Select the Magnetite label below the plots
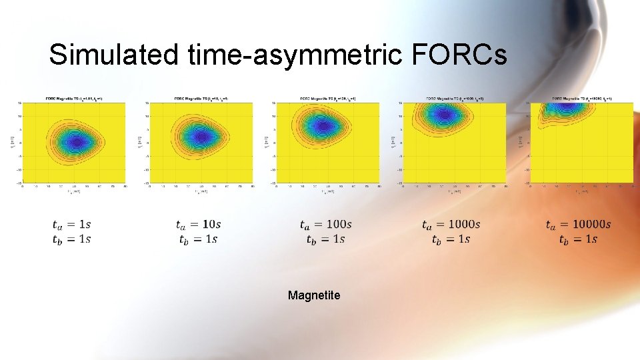coord(314,295)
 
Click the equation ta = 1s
coord(72,225)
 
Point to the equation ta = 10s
coord(198,225)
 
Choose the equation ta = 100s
coord(325,225)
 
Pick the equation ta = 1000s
coord(451,225)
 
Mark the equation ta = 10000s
coord(577,225)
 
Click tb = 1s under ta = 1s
coord(72,239)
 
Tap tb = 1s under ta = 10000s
coord(577,239)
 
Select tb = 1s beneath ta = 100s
coord(325,239)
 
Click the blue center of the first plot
coord(75,141)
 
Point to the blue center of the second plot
coord(200,137)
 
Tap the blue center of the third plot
coord(323,125)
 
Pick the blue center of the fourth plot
coord(444,114)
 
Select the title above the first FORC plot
coord(74,98)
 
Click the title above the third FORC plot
coord(327,98)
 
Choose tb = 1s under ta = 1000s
coord(451,239)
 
